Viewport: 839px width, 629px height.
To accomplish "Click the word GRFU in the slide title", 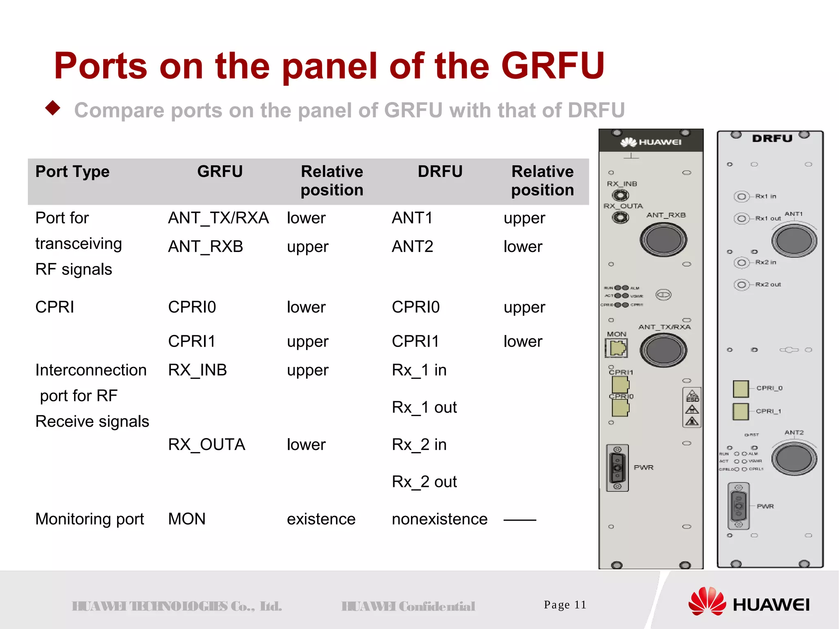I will [x=553, y=66].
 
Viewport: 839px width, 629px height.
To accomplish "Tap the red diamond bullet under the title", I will [x=53, y=108].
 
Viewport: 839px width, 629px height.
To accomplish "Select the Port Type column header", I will [x=73, y=172].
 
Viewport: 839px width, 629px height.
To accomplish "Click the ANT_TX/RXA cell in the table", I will [x=218, y=218].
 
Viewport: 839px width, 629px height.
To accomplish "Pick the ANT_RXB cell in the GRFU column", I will [x=206, y=247].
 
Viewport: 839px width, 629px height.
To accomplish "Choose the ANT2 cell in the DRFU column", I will [x=412, y=247].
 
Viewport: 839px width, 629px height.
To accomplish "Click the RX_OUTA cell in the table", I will [x=206, y=444].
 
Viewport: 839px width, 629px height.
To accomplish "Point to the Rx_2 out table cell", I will [x=424, y=482].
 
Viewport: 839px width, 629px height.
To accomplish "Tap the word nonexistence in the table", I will [x=440, y=519].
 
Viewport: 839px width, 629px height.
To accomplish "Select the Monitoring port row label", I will [x=90, y=519].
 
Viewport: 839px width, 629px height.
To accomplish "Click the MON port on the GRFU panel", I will [x=617, y=348].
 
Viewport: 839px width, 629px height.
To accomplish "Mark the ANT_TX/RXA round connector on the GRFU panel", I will [x=663, y=350].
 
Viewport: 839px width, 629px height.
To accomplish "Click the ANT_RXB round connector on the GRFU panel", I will [x=663, y=240].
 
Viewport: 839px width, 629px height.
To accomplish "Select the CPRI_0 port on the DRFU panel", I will [x=741, y=389].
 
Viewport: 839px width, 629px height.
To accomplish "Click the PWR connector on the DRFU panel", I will [x=739, y=506].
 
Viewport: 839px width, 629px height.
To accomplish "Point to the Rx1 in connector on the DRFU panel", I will [x=741, y=197].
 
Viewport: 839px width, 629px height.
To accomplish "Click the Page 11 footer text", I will [x=565, y=605].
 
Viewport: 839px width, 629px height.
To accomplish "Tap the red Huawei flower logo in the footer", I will [x=707, y=602].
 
